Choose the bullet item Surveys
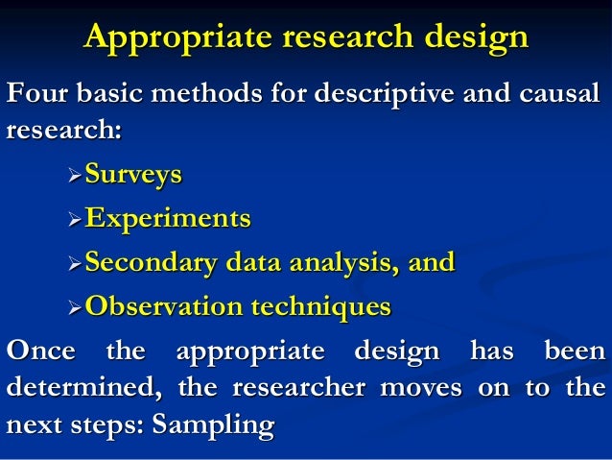[x=131, y=176]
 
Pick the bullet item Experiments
[x=167, y=219]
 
